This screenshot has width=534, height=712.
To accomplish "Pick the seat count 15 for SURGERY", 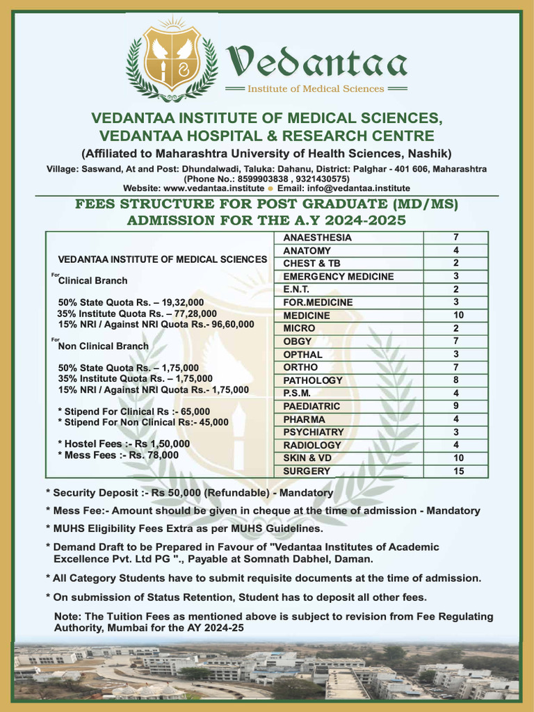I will [455, 471].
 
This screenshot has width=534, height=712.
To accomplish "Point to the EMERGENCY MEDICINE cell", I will [338, 277].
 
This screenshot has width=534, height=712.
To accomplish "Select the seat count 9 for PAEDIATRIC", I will [455, 406].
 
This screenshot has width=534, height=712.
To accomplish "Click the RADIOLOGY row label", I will [312, 445].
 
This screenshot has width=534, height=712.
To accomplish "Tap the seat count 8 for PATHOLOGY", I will [455, 380].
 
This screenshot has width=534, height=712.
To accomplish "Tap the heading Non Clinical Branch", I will [103, 346].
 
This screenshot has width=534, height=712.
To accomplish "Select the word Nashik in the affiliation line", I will [429, 154].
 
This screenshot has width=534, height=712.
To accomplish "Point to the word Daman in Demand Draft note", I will [357, 559].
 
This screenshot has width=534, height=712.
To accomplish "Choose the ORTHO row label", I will [300, 367].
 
